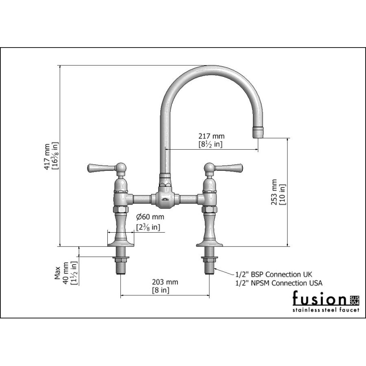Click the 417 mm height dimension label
[x=48, y=157]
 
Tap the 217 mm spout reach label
[x=211, y=136]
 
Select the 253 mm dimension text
[x=274, y=192]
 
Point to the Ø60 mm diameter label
[x=150, y=217]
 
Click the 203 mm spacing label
[x=165, y=282]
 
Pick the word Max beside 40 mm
[x=57, y=273]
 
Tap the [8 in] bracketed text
[x=161, y=290]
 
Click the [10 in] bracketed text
[x=283, y=194]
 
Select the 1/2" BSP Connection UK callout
[x=274, y=274]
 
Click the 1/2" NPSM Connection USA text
[x=279, y=283]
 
